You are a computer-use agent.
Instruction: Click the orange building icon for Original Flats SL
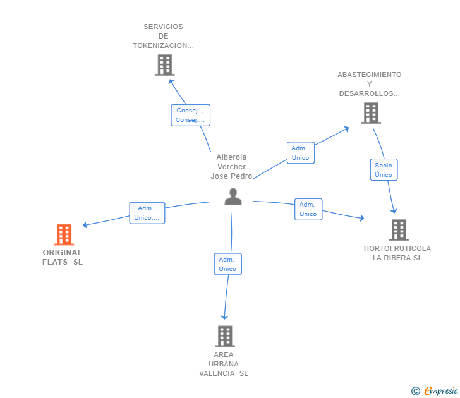click(x=64, y=234)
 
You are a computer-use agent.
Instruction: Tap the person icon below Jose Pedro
click(x=233, y=196)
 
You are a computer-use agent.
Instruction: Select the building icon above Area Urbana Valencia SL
click(x=225, y=336)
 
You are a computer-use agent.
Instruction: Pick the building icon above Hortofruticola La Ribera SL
click(x=399, y=230)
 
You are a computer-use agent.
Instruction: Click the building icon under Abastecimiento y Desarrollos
click(x=371, y=113)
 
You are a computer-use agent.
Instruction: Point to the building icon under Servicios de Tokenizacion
click(x=165, y=65)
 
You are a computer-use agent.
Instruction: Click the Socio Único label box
click(x=384, y=170)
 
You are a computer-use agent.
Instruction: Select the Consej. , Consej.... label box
click(x=191, y=115)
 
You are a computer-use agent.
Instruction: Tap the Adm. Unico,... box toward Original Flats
click(x=147, y=213)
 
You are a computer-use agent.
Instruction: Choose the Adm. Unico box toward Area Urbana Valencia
click(x=228, y=264)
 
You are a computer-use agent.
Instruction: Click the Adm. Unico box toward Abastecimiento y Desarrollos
click(x=301, y=153)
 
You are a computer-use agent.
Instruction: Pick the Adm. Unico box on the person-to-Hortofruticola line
click(x=308, y=209)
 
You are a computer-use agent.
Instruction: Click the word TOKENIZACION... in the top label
click(x=164, y=45)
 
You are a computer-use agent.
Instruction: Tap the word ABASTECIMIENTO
click(x=370, y=75)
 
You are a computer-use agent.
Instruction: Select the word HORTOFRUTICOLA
click(x=397, y=248)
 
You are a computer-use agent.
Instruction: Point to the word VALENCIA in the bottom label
click(x=217, y=373)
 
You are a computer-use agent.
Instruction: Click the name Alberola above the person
click(x=231, y=157)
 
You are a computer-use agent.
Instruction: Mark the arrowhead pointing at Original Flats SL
click(x=85, y=225)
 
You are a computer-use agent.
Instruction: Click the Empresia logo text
click(x=441, y=390)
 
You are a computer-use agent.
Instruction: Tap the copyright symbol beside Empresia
click(x=416, y=391)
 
